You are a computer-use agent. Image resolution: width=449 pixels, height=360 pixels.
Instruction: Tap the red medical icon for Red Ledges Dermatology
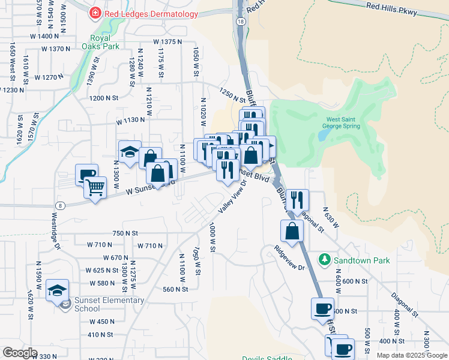click(95, 13)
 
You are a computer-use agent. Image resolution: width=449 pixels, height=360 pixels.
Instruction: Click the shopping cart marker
click(95, 188)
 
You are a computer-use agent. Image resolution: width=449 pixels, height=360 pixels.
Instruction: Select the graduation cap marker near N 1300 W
click(129, 152)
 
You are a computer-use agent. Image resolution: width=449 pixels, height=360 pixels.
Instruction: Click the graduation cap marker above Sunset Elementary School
click(58, 291)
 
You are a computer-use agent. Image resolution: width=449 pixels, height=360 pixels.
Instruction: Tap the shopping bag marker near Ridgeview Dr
click(292, 231)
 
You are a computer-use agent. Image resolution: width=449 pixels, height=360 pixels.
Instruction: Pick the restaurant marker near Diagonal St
click(297, 200)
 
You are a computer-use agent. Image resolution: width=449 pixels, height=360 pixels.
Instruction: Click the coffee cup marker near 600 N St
click(322, 309)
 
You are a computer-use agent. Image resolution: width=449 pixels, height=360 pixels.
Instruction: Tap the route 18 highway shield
click(241, 21)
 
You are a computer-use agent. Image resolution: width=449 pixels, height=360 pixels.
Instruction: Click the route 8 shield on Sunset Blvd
click(61, 205)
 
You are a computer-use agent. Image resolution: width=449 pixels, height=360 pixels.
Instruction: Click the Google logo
click(19, 353)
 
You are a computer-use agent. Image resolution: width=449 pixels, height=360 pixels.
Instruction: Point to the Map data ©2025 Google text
click(412, 355)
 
